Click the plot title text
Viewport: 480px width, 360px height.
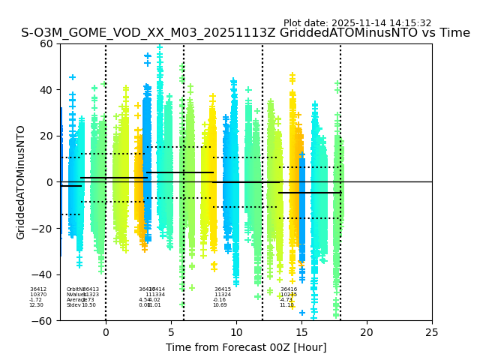[x=245, y=33]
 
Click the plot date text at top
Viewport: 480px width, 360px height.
[x=357, y=23]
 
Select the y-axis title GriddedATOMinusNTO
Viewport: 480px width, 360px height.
[x=21, y=182]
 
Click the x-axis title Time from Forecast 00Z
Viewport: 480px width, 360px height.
[x=246, y=347]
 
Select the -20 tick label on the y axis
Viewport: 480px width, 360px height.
[x=44, y=228]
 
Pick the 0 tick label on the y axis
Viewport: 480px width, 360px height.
[x=50, y=182]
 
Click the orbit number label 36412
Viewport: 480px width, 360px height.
[x=38, y=289]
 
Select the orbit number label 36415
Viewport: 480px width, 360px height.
[x=223, y=289]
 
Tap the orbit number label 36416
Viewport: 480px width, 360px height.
[x=289, y=289]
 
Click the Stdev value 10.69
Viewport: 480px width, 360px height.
[x=220, y=305]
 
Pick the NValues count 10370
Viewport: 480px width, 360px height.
[x=38, y=295]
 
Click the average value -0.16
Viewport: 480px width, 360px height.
[x=219, y=300]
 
